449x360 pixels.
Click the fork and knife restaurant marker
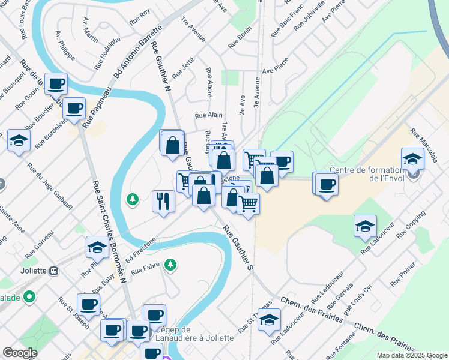pyautogui.click(x=163, y=200)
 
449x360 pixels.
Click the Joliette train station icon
pyautogui.click(x=53, y=271)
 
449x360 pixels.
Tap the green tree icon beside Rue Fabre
pyautogui.click(x=171, y=264)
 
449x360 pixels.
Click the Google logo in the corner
pyautogui.click(x=20, y=353)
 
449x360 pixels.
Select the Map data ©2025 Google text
pyautogui.click(x=412, y=355)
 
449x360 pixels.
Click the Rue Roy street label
pyautogui.click(x=139, y=17)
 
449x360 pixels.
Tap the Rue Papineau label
pyautogui.click(x=97, y=108)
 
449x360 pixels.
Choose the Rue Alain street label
pyautogui.click(x=209, y=115)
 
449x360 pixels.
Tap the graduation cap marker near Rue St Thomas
pyautogui.click(x=269, y=319)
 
